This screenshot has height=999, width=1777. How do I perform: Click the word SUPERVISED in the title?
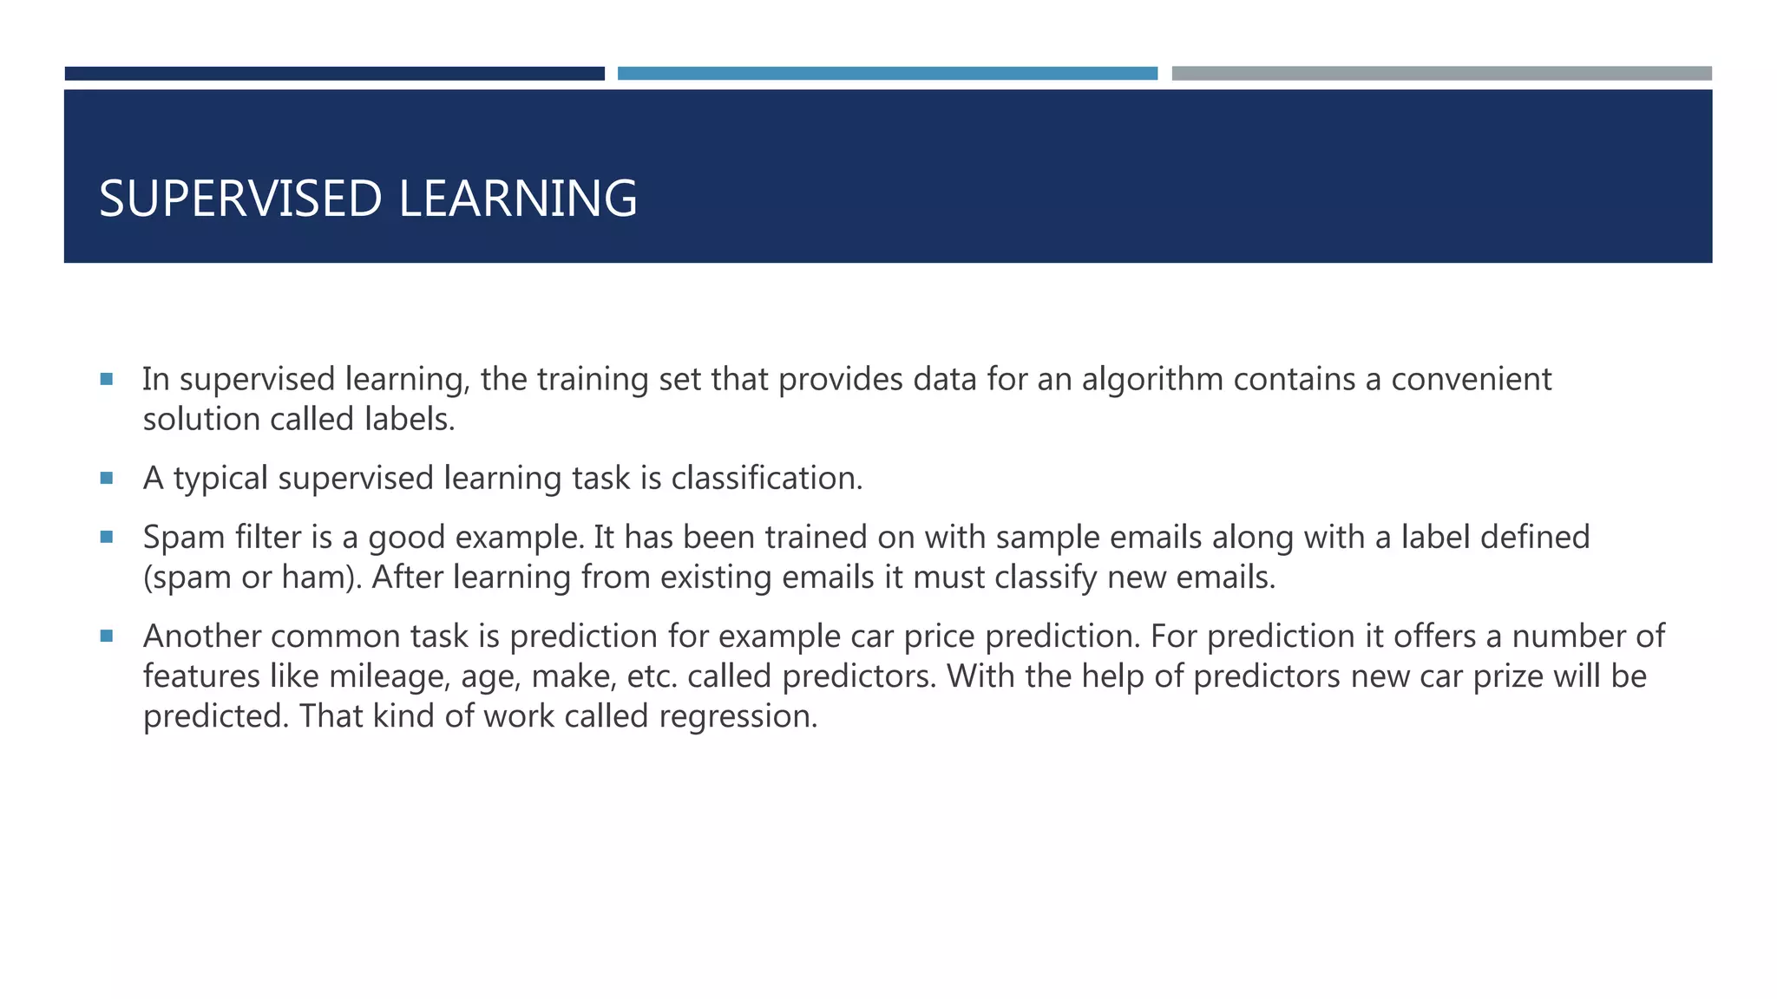point(240,199)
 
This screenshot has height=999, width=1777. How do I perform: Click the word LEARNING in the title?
point(518,199)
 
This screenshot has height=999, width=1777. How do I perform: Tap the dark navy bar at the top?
point(334,74)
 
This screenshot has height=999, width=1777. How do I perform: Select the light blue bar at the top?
point(887,74)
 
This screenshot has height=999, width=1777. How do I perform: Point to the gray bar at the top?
point(1441,74)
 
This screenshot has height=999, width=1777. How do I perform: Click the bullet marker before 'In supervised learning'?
point(107,379)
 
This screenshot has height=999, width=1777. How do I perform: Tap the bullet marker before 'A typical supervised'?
point(107,478)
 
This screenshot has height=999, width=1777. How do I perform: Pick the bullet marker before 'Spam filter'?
point(107,537)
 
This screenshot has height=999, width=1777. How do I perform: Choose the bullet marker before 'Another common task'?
point(107,636)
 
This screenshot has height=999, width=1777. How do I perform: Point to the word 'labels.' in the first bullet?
point(410,420)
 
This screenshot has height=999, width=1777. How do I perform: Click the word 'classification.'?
point(767,479)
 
